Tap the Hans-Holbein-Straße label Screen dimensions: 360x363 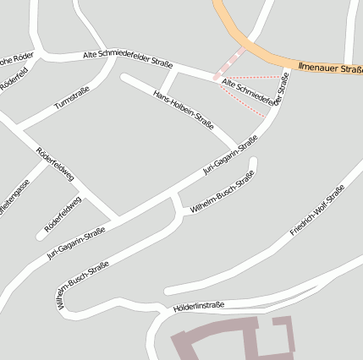point(184,110)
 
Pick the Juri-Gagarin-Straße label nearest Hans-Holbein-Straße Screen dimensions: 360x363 point(230,156)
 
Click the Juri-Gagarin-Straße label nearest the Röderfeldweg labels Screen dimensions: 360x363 point(76,243)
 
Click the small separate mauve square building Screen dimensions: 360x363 point(282,322)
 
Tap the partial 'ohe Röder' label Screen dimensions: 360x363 point(17,57)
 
